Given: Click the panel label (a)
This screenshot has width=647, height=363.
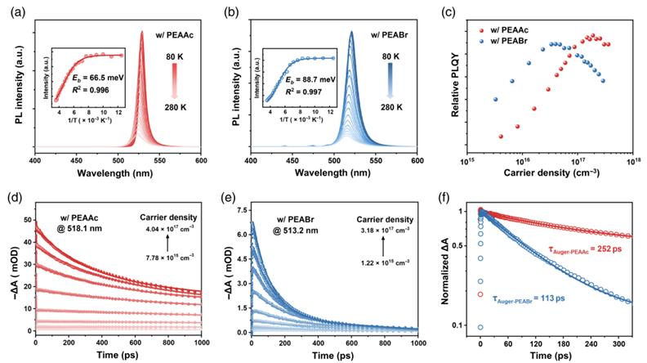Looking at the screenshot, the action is tap(18, 12).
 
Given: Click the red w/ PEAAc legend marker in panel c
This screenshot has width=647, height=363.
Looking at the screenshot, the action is tap(480, 30).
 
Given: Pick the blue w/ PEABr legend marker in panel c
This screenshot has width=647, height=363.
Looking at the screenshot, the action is tap(480, 41).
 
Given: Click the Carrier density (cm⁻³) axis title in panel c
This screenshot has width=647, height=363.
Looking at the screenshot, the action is tap(551, 173).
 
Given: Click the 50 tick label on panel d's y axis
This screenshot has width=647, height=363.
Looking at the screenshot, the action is tap(27, 220).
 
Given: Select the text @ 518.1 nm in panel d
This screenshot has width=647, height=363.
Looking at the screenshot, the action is tap(78, 227).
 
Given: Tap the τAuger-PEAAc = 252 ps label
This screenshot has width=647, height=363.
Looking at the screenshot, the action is tap(585, 249).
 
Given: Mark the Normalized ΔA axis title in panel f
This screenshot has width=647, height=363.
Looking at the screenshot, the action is tap(444, 269).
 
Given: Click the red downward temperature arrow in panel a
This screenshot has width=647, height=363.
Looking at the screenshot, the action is tap(174, 81).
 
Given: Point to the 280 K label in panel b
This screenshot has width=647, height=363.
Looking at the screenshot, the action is tap(390, 107).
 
